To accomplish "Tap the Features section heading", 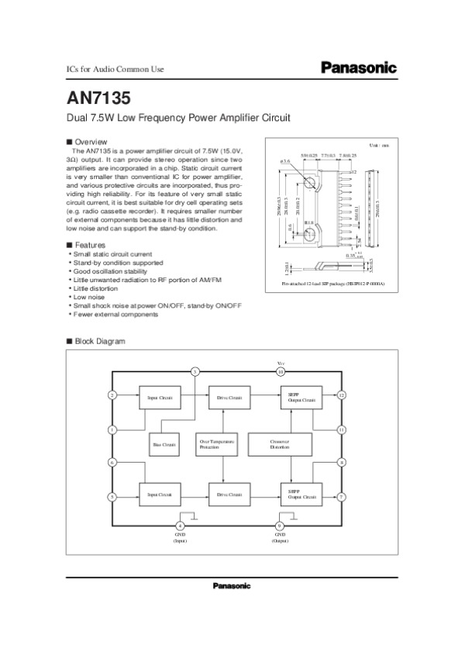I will (x=90, y=245).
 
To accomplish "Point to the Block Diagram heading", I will (x=98, y=342).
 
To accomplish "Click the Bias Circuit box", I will (x=164, y=445).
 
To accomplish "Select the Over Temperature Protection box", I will (x=222, y=444).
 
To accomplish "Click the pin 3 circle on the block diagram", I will (x=196, y=372).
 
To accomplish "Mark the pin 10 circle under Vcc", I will (x=281, y=372).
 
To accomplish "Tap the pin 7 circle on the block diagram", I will (x=342, y=496).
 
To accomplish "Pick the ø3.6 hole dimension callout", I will (x=285, y=162).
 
